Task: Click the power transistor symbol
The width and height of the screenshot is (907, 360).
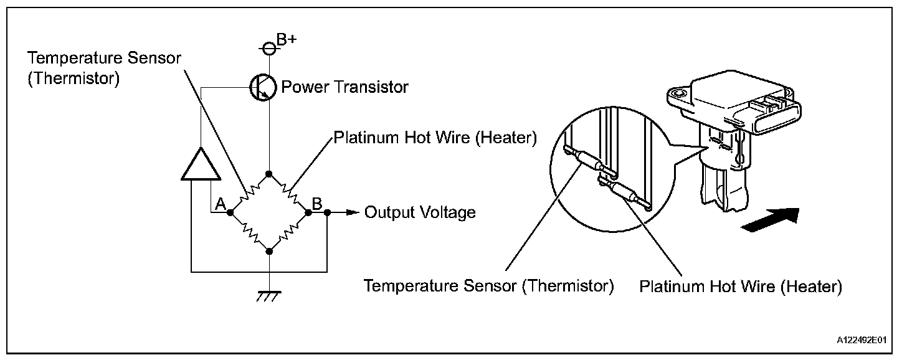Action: (x=262, y=88)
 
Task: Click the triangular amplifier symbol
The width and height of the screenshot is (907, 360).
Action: (x=199, y=163)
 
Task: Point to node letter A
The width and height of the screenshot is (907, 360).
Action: (x=220, y=204)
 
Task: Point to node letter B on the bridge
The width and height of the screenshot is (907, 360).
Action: (x=316, y=204)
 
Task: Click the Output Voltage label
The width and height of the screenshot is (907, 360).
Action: (x=420, y=213)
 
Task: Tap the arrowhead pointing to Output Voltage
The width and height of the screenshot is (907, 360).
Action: (x=354, y=213)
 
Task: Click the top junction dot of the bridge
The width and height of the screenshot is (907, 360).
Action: (x=268, y=173)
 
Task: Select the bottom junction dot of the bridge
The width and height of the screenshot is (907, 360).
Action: (x=268, y=251)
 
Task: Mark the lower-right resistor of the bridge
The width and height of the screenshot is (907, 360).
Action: (x=288, y=232)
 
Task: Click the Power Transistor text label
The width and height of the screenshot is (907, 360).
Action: (x=345, y=87)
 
